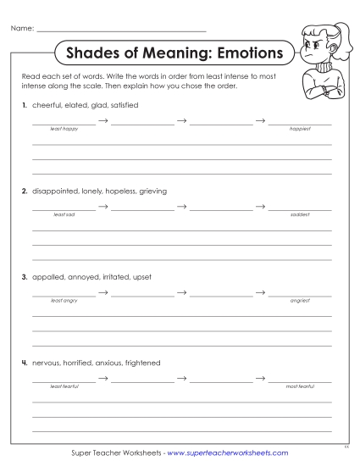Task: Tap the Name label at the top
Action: pos(22,29)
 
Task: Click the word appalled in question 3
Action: pos(46,277)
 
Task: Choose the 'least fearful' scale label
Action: pos(64,386)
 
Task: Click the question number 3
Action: pos(25,277)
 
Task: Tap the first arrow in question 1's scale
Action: pos(102,121)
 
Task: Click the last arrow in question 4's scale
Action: pos(260,379)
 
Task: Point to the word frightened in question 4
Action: pos(142,363)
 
